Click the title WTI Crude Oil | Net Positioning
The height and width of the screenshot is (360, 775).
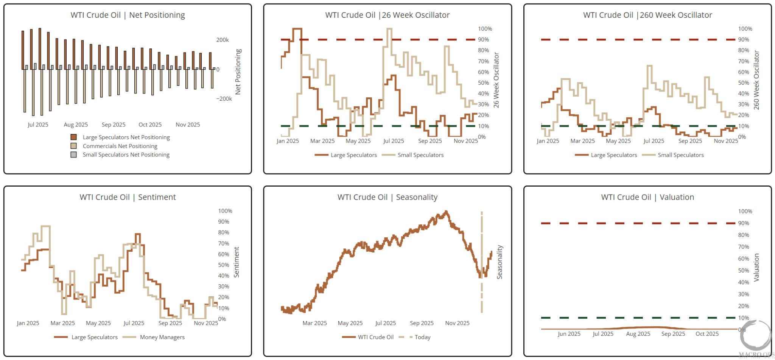(128, 15)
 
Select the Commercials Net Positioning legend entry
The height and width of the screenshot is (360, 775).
(120, 146)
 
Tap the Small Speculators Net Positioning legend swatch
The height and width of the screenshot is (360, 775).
(74, 155)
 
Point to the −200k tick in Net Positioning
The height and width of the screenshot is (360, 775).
(224, 99)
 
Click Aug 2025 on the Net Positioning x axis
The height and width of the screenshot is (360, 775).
(76, 125)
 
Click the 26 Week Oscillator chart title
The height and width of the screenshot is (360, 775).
(387, 15)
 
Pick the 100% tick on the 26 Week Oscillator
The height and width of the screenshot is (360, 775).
(485, 29)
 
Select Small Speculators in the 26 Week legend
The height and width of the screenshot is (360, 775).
(420, 155)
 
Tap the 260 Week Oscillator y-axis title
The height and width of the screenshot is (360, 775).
(756, 80)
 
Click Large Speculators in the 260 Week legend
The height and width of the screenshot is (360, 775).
(614, 155)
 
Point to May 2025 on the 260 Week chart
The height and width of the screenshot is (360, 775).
(618, 141)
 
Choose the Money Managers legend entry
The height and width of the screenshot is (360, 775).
(162, 337)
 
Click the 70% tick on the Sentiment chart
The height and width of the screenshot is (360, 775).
(223, 243)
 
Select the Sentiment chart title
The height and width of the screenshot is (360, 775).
(128, 197)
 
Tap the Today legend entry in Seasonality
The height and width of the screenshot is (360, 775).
(422, 337)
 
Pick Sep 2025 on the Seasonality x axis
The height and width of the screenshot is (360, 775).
(422, 323)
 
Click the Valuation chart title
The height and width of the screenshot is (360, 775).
(647, 197)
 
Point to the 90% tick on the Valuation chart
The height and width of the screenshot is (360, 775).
(743, 223)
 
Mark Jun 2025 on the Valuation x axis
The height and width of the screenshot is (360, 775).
(569, 334)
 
